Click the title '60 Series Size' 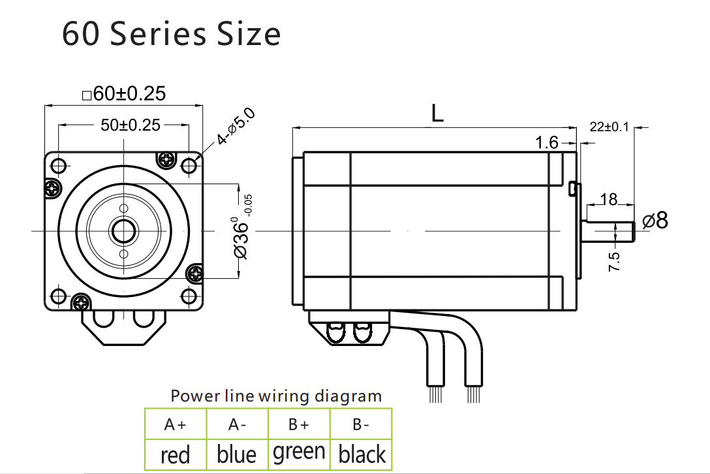tap(171, 34)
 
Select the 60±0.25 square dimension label tap(124, 93)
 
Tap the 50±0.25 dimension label tap(130, 125)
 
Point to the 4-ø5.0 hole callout tap(237, 127)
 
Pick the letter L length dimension tap(437, 114)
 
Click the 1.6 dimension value tap(547, 142)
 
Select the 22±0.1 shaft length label tap(609, 127)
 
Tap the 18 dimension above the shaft tap(608, 200)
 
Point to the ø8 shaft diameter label tap(655, 221)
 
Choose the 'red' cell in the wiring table tap(175, 454)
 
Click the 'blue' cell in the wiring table tap(236, 454)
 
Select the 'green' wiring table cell tap(299, 452)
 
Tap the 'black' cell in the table tap(362, 454)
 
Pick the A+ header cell tap(175, 425)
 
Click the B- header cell tap(362, 425)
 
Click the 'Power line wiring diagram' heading tap(276, 396)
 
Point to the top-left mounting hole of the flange tap(57, 165)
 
